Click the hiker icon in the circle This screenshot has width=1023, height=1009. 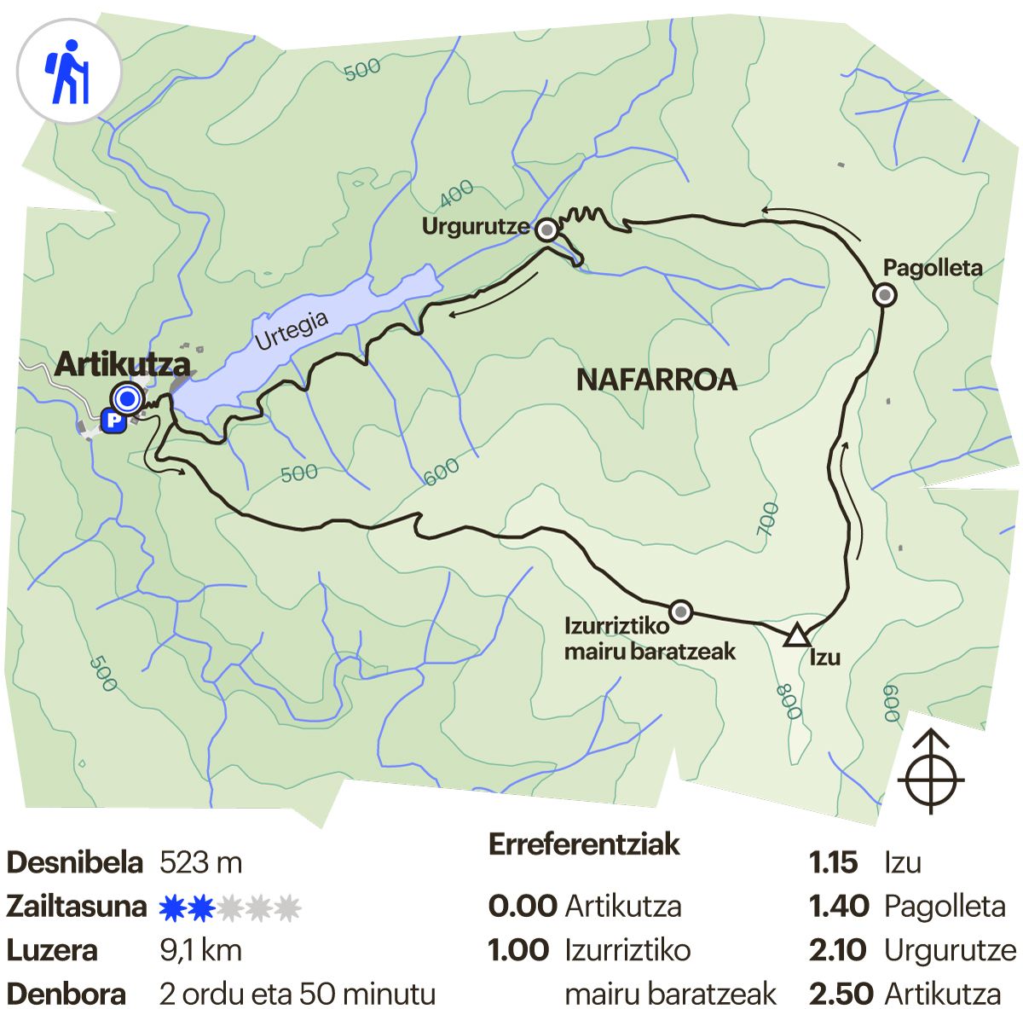point(69,72)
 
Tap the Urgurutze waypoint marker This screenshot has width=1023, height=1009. point(546,229)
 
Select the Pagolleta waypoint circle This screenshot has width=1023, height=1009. point(885,295)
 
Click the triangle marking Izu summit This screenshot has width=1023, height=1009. point(796,636)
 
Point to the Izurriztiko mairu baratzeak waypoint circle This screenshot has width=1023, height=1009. point(680,612)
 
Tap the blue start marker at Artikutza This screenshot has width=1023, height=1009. point(128,398)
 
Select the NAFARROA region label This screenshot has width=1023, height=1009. point(656,380)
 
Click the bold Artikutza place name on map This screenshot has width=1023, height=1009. point(122,364)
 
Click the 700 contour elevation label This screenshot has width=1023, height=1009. point(767,519)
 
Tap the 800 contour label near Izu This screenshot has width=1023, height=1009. point(789,701)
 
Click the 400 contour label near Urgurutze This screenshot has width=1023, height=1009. point(456,196)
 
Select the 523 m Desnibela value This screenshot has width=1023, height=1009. point(201,862)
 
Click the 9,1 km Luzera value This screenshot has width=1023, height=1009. point(200,950)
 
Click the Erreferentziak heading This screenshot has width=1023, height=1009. point(584,844)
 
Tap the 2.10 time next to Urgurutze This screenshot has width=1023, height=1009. point(838,950)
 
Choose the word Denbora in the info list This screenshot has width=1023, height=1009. point(66,994)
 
